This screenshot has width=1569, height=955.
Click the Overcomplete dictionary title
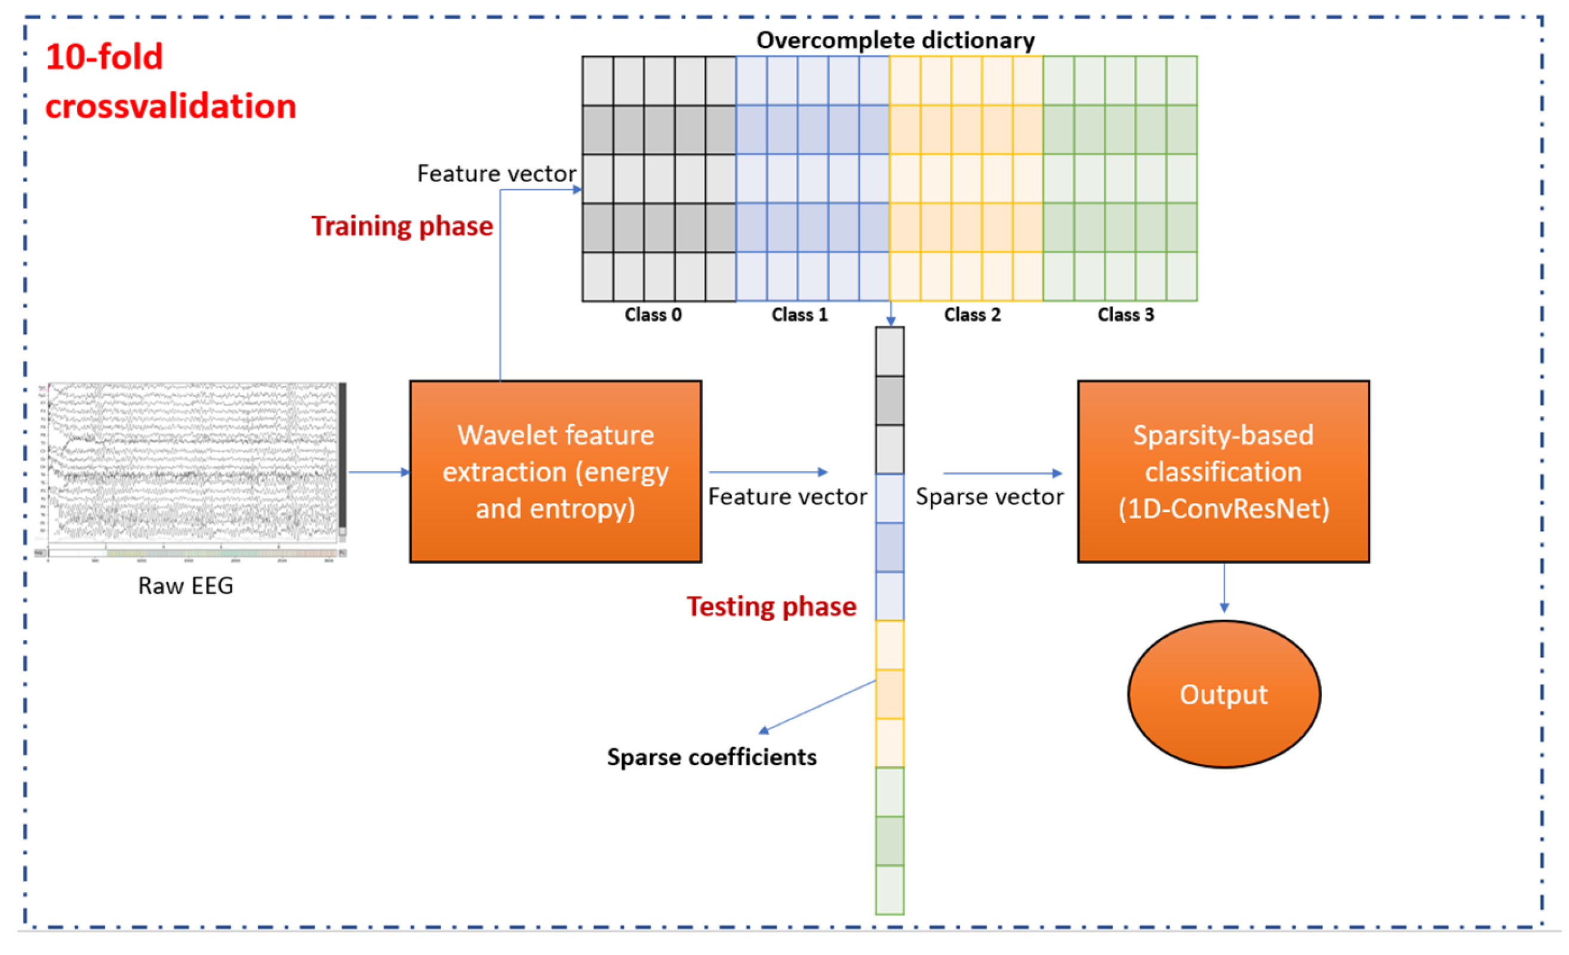[896, 40]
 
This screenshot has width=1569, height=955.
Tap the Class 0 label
[653, 315]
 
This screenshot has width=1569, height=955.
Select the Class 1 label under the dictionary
[799, 315]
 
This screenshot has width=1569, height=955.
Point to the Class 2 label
[972, 315]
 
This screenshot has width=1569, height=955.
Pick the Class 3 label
[1125, 315]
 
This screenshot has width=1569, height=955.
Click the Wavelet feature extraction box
[555, 471]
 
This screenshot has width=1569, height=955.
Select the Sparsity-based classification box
[1223, 471]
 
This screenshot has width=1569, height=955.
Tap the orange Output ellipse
[1223, 694]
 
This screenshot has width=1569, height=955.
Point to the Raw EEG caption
[185, 585]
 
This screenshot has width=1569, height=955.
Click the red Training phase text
[402, 226]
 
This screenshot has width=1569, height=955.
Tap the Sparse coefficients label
[711, 757]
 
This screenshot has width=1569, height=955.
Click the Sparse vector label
[989, 497]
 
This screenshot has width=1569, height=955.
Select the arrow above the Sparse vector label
[1002, 474]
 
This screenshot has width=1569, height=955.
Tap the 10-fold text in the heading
[104, 57]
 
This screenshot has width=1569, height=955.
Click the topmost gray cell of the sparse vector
[889, 352]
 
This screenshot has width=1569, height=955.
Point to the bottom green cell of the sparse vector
[889, 889]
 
